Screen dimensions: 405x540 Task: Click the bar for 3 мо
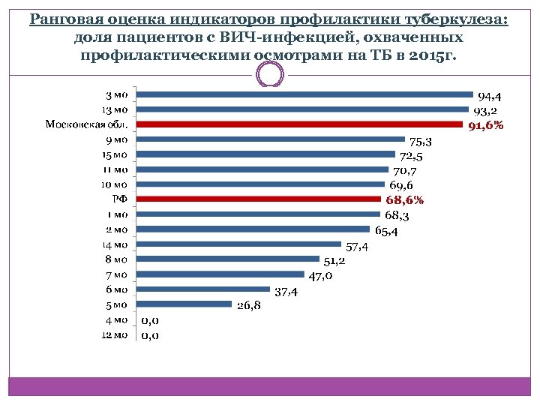pyautogui.click(x=307, y=94)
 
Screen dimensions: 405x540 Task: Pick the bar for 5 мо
pyautogui.click(x=186, y=304)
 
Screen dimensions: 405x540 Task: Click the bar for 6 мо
pyautogui.click(x=205, y=289)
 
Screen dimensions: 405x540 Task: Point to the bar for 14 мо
pyautogui.click(x=240, y=244)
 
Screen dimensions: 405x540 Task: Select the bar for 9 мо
pyautogui.click(x=272, y=139)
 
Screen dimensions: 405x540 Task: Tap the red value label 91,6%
pyautogui.click(x=486, y=126)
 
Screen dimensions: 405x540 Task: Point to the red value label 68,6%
pyautogui.click(x=405, y=200)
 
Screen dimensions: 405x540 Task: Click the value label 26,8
pyautogui.click(x=249, y=306)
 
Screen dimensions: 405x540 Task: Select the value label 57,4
pyautogui.click(x=357, y=247)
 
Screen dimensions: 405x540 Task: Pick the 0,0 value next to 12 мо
pyautogui.click(x=151, y=335)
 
